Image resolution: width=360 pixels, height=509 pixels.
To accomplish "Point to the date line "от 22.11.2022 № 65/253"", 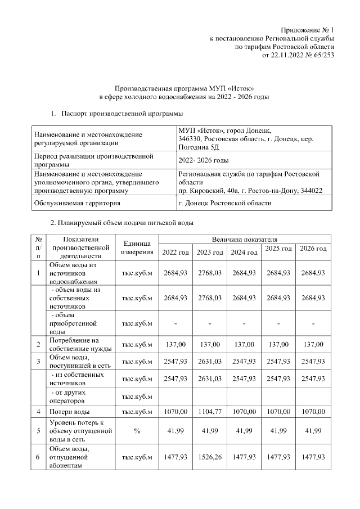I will point(298,55).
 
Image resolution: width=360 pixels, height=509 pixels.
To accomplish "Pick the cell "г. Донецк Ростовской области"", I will point(224,203).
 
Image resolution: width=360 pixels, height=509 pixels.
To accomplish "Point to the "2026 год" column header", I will point(313,249).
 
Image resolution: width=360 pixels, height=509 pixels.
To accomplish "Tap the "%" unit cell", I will point(137,430).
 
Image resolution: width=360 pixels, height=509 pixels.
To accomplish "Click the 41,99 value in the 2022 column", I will point(175,430).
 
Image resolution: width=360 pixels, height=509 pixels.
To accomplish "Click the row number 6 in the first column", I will point(38,457).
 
